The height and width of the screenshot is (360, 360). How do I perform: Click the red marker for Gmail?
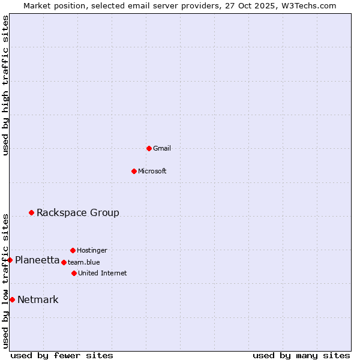pyautogui.click(x=149, y=148)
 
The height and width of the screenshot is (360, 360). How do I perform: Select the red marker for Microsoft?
pyautogui.click(x=134, y=171)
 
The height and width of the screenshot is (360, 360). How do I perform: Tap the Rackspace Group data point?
pyautogui.click(x=31, y=212)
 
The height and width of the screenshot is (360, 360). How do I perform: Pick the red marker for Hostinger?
pyautogui.click(x=73, y=250)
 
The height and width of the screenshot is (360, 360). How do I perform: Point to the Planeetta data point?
pyautogui.click(x=10, y=260)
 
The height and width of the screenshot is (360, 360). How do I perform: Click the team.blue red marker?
pyautogui.click(x=64, y=262)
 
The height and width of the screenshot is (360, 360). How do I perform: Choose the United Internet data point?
pyautogui.click(x=74, y=273)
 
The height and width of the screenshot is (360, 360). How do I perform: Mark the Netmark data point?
pyautogui.click(x=12, y=299)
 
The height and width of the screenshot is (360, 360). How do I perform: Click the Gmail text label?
pyautogui.click(x=162, y=148)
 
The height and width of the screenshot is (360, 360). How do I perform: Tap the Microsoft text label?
pyautogui.click(x=152, y=171)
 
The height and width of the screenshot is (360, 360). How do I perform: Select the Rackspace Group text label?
pyautogui.click(x=78, y=212)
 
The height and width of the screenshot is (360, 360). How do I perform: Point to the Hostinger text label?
pyautogui.click(x=92, y=250)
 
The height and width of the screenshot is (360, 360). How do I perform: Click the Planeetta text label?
pyautogui.click(x=37, y=260)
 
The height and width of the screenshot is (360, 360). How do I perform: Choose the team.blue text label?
pyautogui.click(x=84, y=262)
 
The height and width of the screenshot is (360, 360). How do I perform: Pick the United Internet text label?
pyautogui.click(x=103, y=273)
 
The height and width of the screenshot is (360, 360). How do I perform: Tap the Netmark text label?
pyautogui.click(x=38, y=299)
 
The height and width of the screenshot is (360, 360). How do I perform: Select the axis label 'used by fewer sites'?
pyautogui.click(x=62, y=355)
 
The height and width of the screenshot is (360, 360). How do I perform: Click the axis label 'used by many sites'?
pyautogui.click(x=301, y=355)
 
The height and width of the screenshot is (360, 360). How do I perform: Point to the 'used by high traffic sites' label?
pyautogui.click(x=5, y=85)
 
